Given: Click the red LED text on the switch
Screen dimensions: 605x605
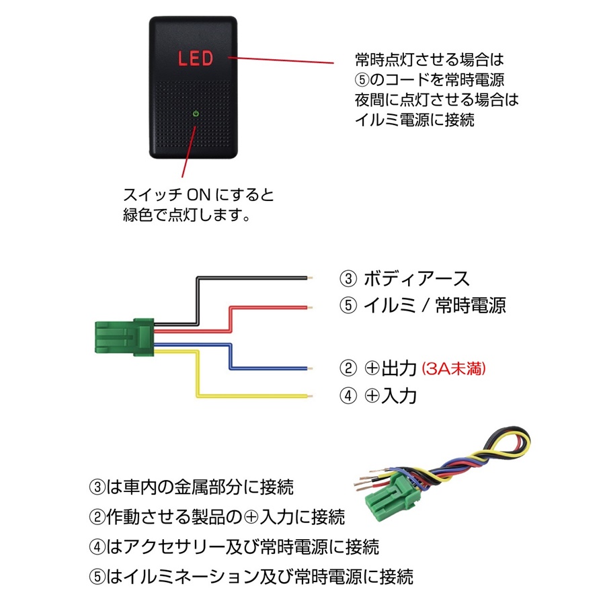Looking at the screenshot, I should pos(195,58).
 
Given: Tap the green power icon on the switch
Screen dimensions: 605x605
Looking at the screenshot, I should pos(195,114).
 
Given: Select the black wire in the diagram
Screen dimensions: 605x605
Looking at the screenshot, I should pos(255,277).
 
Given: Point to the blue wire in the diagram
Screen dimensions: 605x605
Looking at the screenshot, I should pos(269,368).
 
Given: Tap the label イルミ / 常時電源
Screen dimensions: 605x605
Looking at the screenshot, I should pos(434,305).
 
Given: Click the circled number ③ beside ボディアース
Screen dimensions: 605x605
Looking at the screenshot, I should pos(348,278).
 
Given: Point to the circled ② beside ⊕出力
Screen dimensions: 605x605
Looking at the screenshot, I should pos(348,368).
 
